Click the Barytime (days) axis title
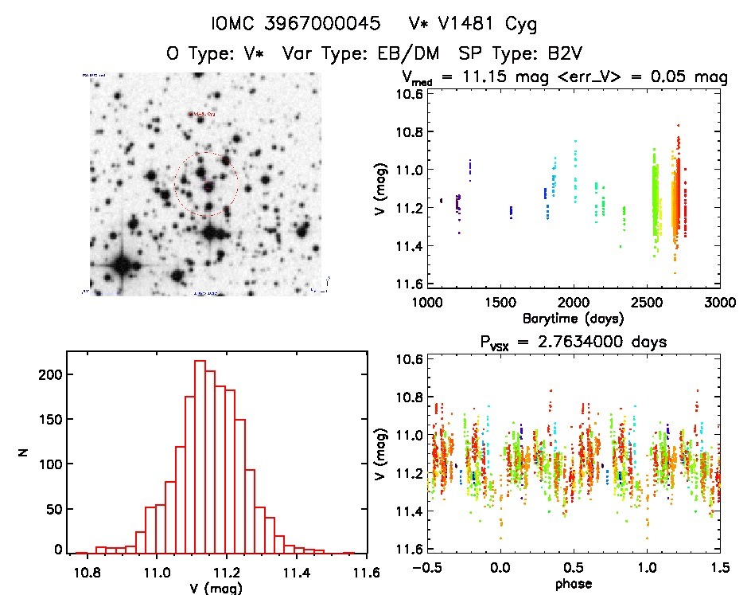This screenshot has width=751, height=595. point(572,318)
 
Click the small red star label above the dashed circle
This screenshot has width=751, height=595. point(201,115)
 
